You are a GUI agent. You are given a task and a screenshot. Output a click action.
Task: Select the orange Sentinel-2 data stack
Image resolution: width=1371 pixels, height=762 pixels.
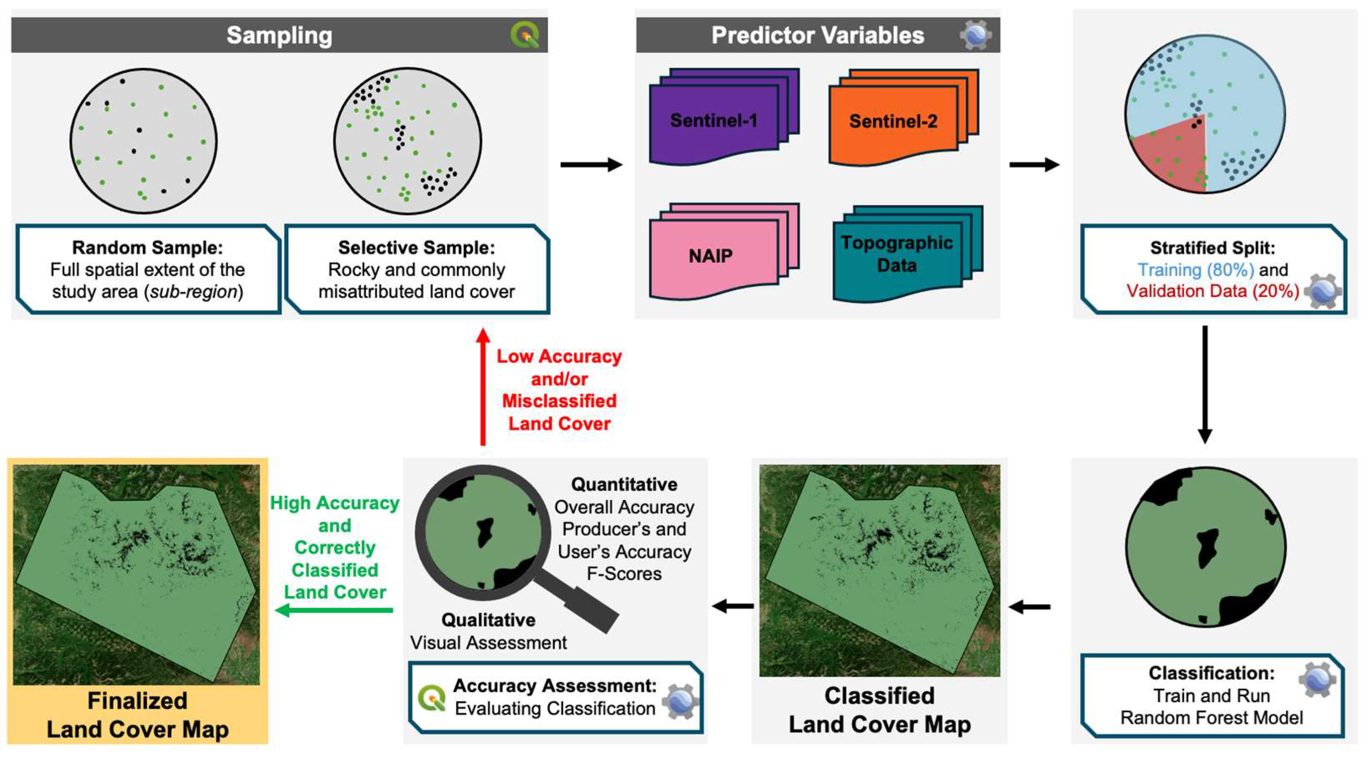click(x=894, y=122)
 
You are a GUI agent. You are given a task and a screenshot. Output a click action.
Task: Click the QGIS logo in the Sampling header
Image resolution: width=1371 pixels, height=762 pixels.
click(x=525, y=35)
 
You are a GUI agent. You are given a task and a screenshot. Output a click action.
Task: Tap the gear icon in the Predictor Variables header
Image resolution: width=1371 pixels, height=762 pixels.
click(x=975, y=35)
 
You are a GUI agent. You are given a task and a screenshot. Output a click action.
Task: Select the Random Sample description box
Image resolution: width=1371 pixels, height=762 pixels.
click(x=148, y=269)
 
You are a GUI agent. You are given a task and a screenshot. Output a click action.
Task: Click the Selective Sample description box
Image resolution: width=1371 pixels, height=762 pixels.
click(x=417, y=269)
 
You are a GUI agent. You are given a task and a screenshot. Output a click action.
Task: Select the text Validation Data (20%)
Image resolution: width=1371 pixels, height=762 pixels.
click(x=1212, y=291)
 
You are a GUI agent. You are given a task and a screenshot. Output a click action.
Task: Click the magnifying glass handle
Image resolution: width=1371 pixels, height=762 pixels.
click(x=585, y=607)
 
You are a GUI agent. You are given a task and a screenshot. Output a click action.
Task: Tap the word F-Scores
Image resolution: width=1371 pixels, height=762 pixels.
click(x=624, y=574)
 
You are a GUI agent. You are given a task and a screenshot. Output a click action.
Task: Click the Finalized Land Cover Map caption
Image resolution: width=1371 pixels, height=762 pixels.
click(x=137, y=715)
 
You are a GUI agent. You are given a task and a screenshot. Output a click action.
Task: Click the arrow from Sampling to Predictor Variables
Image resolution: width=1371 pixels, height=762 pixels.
click(x=591, y=165)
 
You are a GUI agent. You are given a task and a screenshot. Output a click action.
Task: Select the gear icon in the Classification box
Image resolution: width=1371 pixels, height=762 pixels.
click(x=1317, y=680)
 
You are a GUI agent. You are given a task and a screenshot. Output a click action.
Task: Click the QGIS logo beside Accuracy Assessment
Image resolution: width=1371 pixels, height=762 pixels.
click(x=431, y=698)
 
